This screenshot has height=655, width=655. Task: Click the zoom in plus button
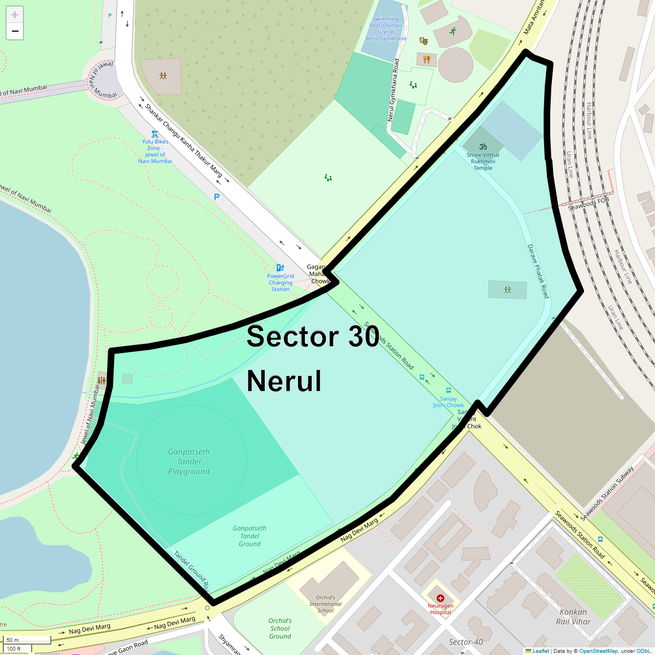click(x=15, y=15)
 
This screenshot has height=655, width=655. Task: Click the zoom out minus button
click(x=15, y=32)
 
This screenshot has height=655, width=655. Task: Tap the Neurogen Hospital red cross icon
click(x=440, y=598)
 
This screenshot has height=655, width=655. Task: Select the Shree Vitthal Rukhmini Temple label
click(x=483, y=161)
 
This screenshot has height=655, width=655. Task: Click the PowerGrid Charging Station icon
click(x=280, y=267)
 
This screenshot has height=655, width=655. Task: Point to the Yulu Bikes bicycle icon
click(x=155, y=134)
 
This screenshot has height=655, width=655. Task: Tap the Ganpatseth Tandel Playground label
click(x=189, y=462)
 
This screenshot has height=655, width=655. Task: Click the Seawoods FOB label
click(x=588, y=204)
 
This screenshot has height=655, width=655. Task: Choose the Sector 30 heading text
click(x=313, y=337)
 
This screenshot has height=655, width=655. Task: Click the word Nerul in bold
click(x=284, y=381)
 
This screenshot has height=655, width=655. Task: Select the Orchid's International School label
click(x=325, y=604)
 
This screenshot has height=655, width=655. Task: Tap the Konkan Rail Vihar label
click(x=573, y=616)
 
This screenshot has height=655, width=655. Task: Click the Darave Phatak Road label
click(x=538, y=271)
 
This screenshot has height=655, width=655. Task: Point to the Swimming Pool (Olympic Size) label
click(x=386, y=28)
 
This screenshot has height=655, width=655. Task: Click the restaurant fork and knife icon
click(x=427, y=58)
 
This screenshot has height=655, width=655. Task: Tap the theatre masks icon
click(x=423, y=40)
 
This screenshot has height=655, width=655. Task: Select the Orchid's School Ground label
click(x=280, y=628)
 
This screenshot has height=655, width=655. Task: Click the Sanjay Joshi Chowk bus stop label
click(x=448, y=402)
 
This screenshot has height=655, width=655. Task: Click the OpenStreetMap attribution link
click(x=598, y=651)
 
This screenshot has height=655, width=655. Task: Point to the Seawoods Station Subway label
click(x=607, y=493)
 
